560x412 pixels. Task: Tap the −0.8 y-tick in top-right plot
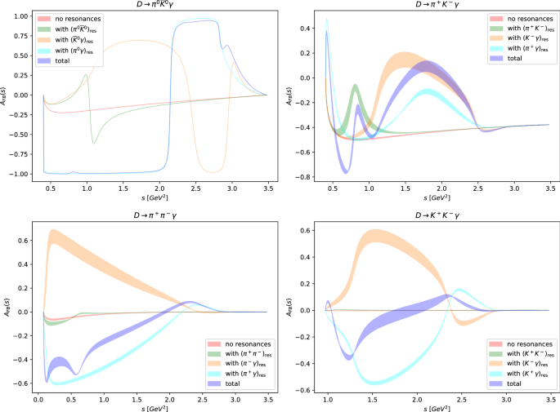(306, 177)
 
